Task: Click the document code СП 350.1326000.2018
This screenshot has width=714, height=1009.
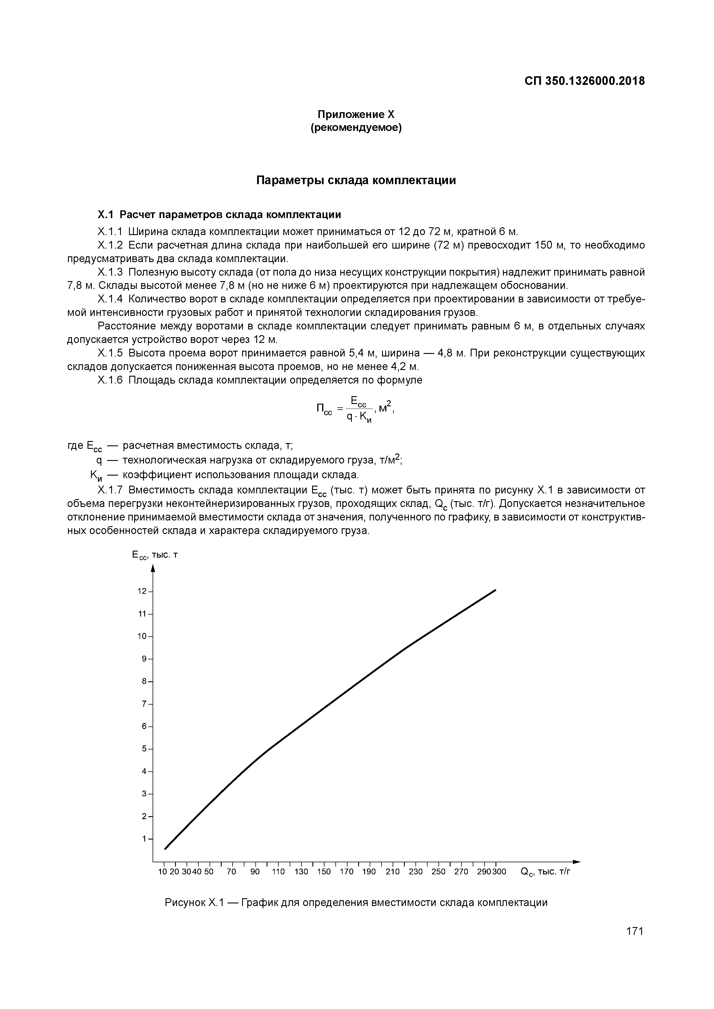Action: (x=584, y=81)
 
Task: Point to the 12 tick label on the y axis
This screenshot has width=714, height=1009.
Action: (x=142, y=591)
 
